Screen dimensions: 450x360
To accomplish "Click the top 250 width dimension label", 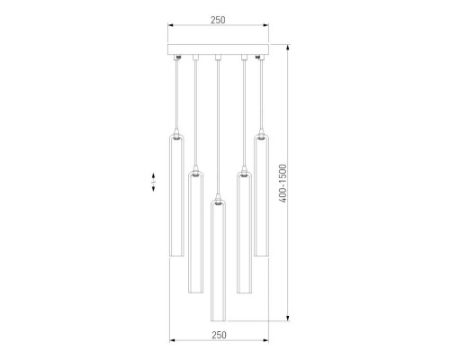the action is coord(218,20).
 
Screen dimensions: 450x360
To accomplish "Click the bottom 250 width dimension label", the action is coord(219,335).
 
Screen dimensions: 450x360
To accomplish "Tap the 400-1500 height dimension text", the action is coord(283,184).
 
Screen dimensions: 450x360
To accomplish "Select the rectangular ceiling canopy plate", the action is coord(218,49).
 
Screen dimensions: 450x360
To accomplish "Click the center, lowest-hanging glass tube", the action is coord(218,260).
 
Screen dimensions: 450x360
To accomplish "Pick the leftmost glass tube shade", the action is coord(176,195).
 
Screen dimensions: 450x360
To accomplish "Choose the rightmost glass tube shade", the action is coord(262,195).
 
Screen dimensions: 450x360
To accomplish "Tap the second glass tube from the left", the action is coord(195,232).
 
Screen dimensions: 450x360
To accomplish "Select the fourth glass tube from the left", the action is coord(244,232).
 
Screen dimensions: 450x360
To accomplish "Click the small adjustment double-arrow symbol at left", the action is coord(153,182).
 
